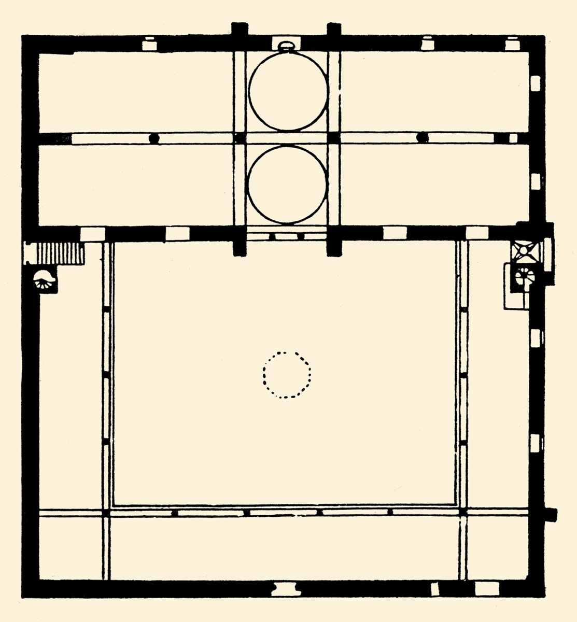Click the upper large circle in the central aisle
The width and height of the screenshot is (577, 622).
[288, 90]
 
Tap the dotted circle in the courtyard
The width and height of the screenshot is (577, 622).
[287, 375]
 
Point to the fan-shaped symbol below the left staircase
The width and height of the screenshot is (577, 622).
[45, 281]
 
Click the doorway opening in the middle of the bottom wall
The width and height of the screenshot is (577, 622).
[285, 588]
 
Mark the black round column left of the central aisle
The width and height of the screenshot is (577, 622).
[153, 138]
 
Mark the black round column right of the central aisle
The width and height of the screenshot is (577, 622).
[423, 137]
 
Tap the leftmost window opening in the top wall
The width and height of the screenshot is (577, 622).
[149, 43]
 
